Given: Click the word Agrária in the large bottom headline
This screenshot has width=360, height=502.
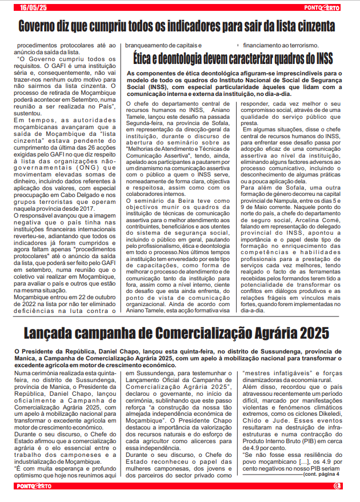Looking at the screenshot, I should pos(263,332).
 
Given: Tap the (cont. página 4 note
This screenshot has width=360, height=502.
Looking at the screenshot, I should pos(322,473).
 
